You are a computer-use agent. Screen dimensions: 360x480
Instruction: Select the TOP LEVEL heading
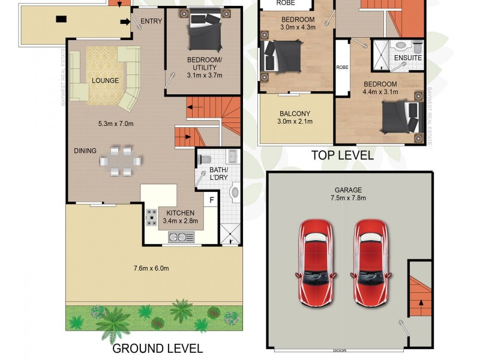[342, 155]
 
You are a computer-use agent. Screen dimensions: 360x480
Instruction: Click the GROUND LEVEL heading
[158, 348]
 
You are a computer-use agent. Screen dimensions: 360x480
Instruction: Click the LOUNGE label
[105, 80]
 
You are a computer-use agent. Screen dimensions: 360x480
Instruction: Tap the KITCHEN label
[181, 213]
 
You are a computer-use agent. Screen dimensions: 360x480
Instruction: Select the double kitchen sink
[181, 237]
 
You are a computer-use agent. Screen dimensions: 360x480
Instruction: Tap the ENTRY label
[151, 22]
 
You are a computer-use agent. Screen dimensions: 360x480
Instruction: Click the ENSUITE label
[407, 58]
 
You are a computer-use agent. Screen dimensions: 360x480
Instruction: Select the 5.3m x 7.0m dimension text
[115, 124]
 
